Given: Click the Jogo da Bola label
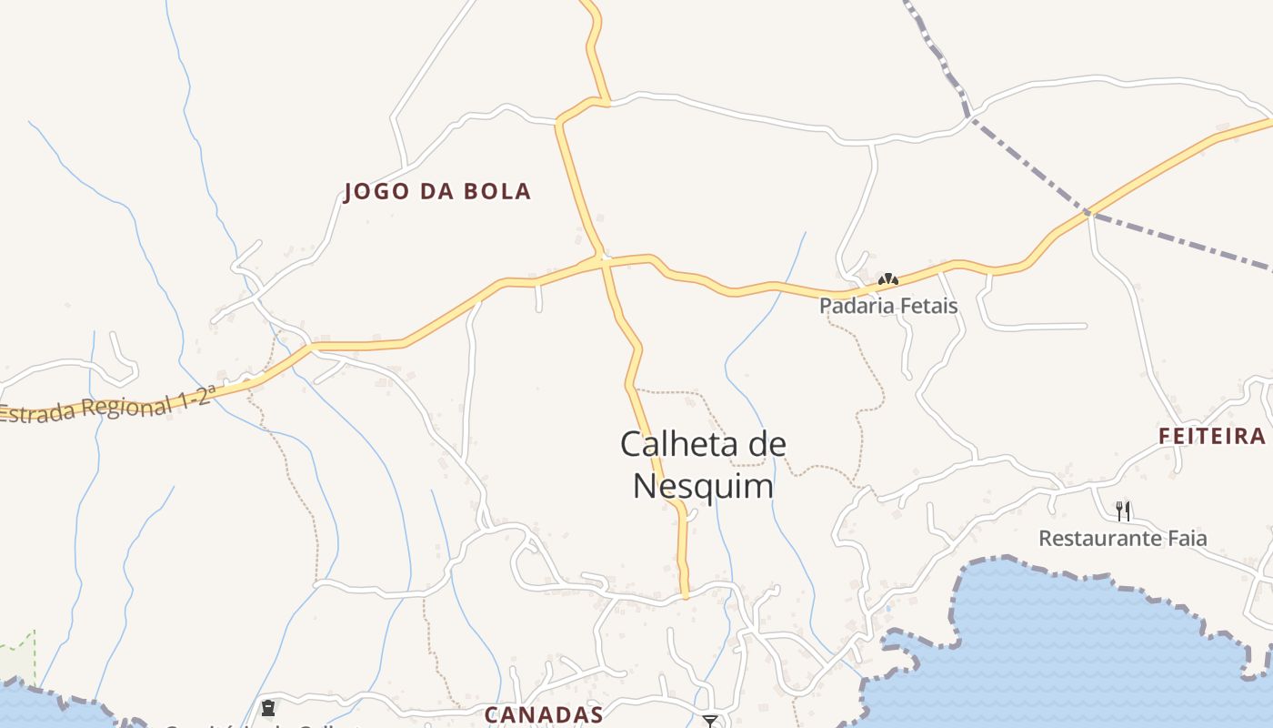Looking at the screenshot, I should pos(437,192).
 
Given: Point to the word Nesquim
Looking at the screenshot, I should pos(703,486).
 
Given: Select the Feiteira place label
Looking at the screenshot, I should pos(1212,437).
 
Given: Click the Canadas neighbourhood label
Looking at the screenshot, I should pos(544,714).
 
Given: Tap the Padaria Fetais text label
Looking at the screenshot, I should pos(888,306).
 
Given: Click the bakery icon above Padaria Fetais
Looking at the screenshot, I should pos(887,279).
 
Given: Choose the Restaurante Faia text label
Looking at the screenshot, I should pos(1123,539).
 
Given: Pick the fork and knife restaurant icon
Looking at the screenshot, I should pos(1123,511).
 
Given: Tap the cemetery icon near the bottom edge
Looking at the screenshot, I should pos(268,707).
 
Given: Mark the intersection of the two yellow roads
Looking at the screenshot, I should pos(603,260).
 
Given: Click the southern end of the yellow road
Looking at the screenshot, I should pos(685,595).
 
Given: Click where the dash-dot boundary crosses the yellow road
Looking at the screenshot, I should pos(1087,212).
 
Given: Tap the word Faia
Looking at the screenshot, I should pos(1186,539).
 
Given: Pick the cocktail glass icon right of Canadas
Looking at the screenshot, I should pos(710,721).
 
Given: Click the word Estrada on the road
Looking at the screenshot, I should pos(35,413).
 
